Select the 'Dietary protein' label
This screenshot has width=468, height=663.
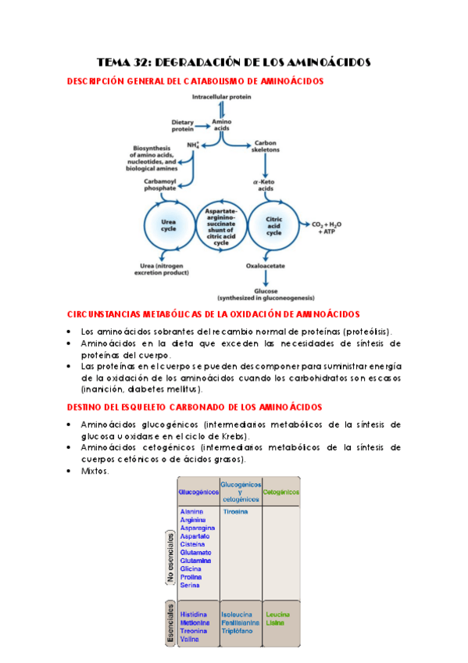[184, 125]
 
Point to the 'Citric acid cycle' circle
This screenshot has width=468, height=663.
[273, 224]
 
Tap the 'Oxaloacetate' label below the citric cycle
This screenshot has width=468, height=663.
[266, 266]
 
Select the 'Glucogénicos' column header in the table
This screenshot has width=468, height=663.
[198, 492]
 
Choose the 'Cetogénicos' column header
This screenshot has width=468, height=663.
[281, 492]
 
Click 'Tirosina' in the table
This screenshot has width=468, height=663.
[235, 511]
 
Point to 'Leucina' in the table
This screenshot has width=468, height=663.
[277, 615]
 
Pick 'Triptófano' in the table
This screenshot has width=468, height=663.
[237, 631]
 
